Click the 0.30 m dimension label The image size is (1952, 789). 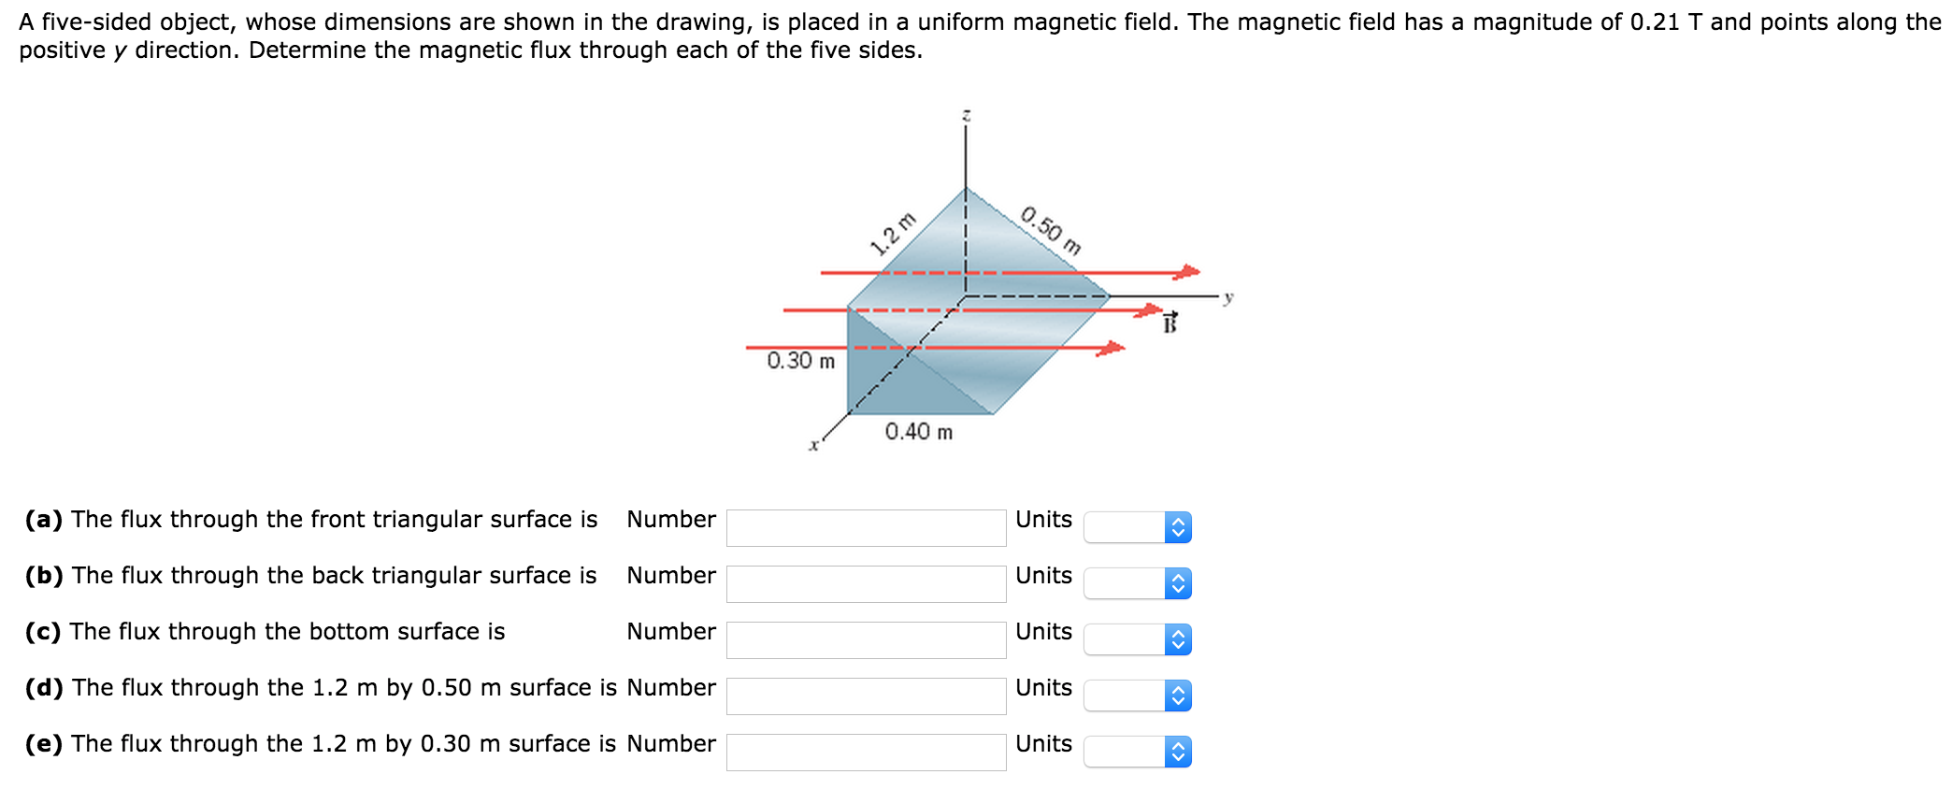[801, 361]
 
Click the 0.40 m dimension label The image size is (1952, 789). [919, 432]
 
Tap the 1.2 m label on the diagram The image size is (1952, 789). [893, 234]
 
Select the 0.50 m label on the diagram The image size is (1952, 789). [1052, 230]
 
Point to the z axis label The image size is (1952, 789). [967, 115]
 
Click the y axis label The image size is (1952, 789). [1228, 297]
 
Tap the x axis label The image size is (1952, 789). [813, 446]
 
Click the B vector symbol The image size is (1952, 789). [1170, 323]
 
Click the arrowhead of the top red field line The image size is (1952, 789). [1186, 272]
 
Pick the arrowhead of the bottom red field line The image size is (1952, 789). [1111, 349]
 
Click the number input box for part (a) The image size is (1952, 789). [866, 527]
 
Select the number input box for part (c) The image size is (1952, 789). [866, 639]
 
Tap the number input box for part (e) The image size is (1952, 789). [866, 752]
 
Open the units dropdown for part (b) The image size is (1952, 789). [1137, 583]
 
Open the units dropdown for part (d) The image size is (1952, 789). [1137, 696]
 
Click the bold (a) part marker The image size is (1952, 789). [44, 520]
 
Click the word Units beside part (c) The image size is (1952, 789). [1043, 632]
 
